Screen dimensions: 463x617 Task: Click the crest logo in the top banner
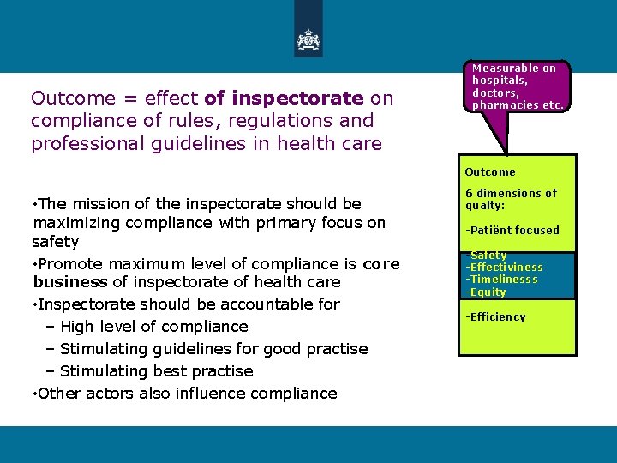point(308,39)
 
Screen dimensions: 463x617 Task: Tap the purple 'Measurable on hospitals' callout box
point(518,87)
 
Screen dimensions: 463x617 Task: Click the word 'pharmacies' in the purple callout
point(504,105)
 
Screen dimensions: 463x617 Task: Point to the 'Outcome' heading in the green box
point(490,172)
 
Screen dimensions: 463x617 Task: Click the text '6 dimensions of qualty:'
point(510,199)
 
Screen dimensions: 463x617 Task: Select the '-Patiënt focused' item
point(512,230)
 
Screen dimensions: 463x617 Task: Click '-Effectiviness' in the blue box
point(504,268)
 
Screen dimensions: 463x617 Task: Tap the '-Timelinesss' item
point(501,280)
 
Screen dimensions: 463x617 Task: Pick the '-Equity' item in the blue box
point(486,292)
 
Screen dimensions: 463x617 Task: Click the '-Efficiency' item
point(495,316)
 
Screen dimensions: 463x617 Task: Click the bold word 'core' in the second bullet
point(381,263)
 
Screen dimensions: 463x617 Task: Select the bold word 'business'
point(70,282)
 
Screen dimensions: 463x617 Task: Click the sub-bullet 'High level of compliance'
point(154,327)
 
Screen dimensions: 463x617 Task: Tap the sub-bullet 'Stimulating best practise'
point(156,371)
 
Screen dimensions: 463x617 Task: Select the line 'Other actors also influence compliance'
point(187,394)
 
